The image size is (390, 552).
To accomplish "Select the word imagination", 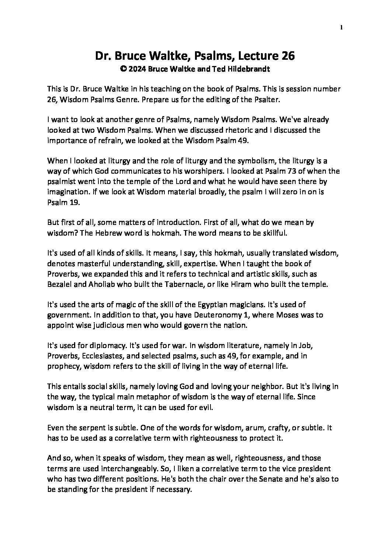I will (x=66, y=192).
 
